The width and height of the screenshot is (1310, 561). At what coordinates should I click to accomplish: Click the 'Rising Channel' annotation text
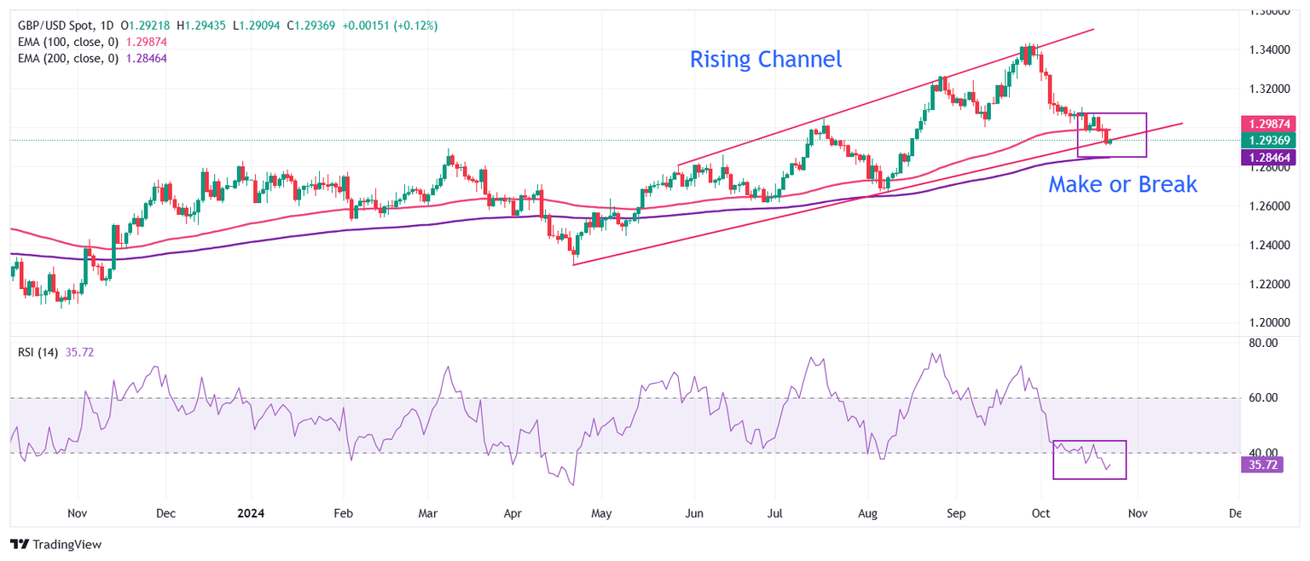click(765, 60)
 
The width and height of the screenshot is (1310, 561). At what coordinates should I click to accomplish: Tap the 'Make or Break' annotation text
click(1122, 183)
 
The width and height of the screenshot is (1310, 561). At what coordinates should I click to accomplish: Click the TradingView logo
click(55, 544)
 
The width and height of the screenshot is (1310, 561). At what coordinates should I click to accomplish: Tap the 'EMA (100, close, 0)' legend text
click(67, 42)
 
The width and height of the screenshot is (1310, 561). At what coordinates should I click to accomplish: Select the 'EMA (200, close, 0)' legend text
click(67, 58)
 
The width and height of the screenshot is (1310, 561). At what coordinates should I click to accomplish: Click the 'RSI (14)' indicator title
click(38, 352)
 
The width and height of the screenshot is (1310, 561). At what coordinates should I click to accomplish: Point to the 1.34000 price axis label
click(1271, 49)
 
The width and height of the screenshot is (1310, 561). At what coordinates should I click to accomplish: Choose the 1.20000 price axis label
click(1271, 323)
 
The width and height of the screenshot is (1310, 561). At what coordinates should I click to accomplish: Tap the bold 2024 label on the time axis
click(251, 514)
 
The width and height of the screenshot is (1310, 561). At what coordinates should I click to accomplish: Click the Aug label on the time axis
click(867, 514)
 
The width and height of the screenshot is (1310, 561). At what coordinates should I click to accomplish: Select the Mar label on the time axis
click(429, 514)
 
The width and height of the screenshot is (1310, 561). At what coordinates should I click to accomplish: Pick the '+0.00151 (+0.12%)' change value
click(389, 26)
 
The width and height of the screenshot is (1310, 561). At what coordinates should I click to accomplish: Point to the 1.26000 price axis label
click(1271, 206)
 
